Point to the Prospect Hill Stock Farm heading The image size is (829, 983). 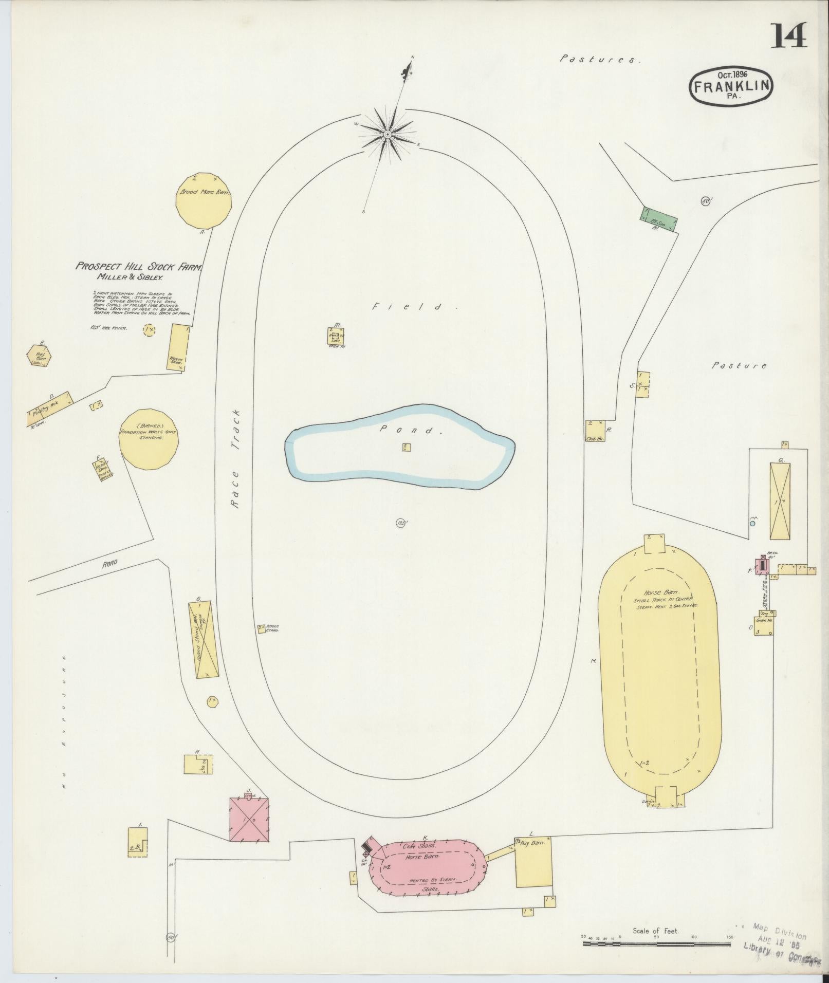pos(139,266)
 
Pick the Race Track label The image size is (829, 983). pos(236,459)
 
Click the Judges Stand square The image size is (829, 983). pos(262,628)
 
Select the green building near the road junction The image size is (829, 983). pos(659,220)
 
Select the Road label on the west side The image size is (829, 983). pos(110,563)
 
